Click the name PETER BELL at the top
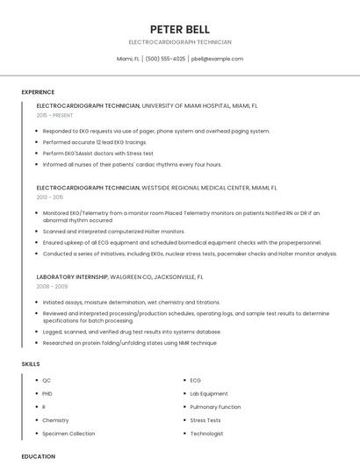(x=179, y=29)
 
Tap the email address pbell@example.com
(x=217, y=59)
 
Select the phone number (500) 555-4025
(x=165, y=59)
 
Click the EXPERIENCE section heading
(x=38, y=92)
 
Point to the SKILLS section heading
(x=30, y=363)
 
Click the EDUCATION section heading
(x=38, y=456)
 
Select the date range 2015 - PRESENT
(x=55, y=115)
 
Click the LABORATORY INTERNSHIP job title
(x=73, y=276)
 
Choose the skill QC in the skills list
(x=47, y=381)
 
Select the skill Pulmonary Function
(x=215, y=407)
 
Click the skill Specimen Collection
(x=68, y=433)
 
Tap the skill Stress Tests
(x=205, y=420)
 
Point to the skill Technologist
(x=206, y=433)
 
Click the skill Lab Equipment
(x=209, y=394)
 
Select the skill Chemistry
(x=55, y=420)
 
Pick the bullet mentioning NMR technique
(x=129, y=343)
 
